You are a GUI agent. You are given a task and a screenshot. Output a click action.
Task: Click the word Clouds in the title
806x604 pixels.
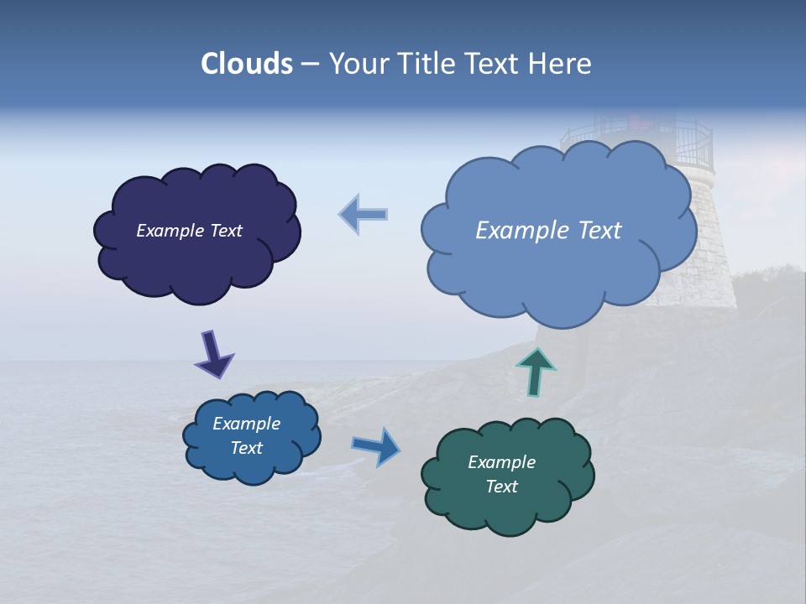[246, 64]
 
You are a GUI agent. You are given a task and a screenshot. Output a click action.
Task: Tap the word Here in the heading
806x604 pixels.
[561, 64]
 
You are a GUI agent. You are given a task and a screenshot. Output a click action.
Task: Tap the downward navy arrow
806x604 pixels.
[212, 353]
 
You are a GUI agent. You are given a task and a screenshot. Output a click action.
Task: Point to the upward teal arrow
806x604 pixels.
[535, 371]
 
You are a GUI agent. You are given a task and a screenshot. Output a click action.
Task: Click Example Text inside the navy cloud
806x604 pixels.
[189, 231]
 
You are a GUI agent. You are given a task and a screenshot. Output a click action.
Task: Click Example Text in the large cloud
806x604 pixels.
[548, 231]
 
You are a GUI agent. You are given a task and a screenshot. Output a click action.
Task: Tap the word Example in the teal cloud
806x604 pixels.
[501, 462]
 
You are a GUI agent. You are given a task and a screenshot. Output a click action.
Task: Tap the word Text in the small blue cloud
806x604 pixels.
[246, 448]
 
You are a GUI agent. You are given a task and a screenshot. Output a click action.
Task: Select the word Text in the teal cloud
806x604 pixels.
[501, 487]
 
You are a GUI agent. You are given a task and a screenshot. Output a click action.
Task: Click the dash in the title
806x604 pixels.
[310, 65]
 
